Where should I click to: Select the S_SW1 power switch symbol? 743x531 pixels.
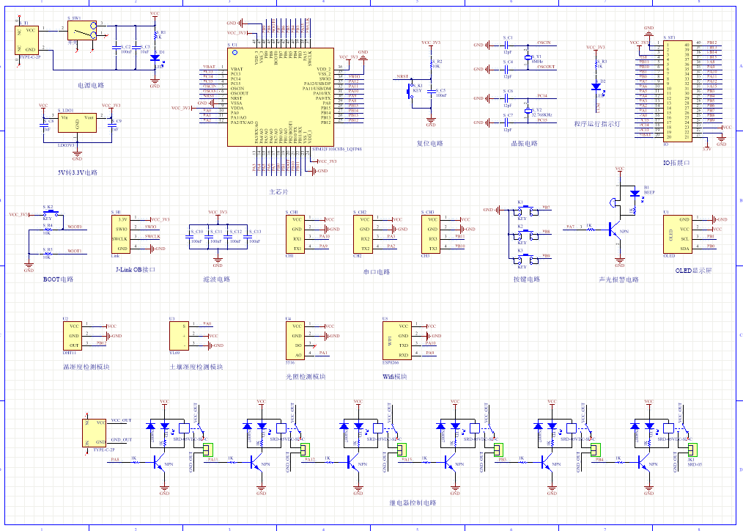[x=81, y=30]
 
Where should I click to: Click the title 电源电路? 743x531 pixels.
[x=89, y=86]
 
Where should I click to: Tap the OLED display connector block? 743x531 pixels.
[x=674, y=234]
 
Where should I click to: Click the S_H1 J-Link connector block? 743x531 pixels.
[x=122, y=234]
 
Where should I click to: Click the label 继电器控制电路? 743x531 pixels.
[x=412, y=503]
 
